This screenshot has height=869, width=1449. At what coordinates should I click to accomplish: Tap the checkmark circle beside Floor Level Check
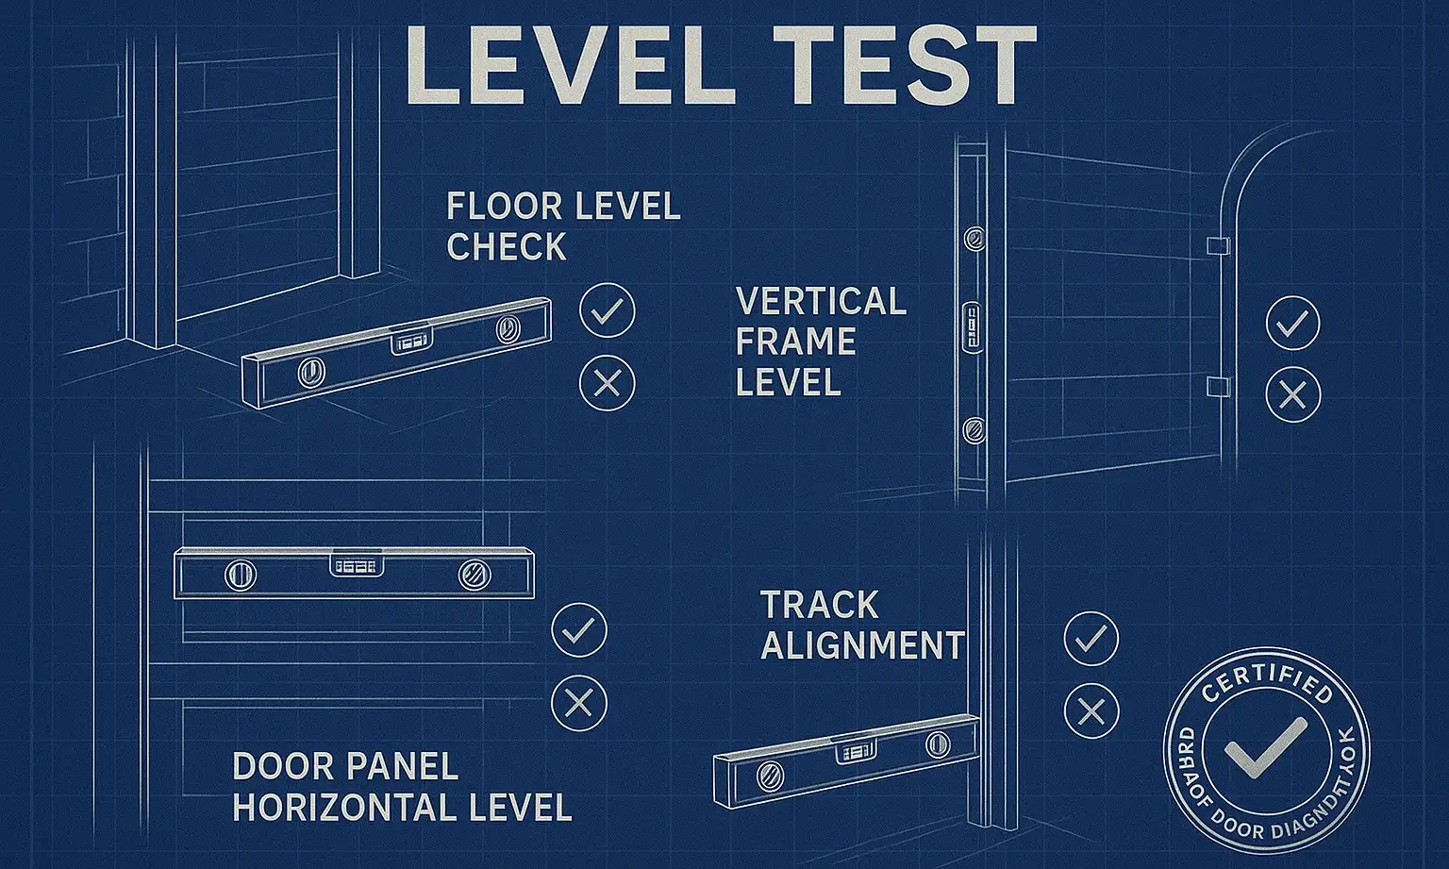[608, 310]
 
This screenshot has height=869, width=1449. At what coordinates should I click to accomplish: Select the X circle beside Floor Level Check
[608, 383]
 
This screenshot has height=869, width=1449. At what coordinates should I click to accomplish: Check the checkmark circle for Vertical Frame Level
[1292, 324]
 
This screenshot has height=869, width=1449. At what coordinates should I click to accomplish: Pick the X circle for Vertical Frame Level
[1292, 393]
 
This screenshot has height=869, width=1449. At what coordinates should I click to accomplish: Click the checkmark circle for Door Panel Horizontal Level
[579, 630]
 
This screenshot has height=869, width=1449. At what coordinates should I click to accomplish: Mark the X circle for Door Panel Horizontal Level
[579, 703]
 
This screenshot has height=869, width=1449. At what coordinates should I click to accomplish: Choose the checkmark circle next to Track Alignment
[1091, 639]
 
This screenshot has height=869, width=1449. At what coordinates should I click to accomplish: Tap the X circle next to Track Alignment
[1091, 710]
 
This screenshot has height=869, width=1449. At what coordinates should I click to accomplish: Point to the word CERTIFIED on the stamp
[1267, 681]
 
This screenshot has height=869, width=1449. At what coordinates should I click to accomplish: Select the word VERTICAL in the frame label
[821, 302]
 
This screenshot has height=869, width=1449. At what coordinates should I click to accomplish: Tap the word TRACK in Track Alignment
[819, 605]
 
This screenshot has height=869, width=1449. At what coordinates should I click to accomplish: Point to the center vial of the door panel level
[358, 565]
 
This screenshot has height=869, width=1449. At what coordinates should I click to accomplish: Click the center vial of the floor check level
[411, 340]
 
